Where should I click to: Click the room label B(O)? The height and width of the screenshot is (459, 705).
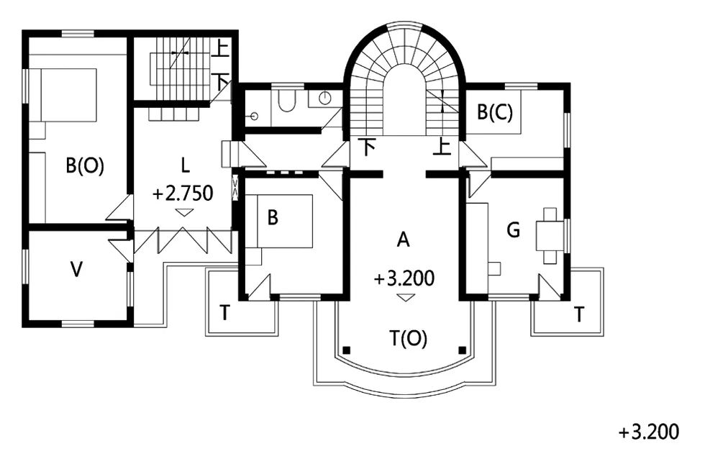point(85,166)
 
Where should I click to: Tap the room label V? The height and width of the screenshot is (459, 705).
point(77,270)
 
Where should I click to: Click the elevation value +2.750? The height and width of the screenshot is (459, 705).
point(183,194)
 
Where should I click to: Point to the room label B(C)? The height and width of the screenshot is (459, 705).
point(495,112)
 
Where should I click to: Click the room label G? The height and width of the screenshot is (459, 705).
point(513,230)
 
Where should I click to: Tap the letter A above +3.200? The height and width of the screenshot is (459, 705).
point(404,240)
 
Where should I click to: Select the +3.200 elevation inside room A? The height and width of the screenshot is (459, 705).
point(404,278)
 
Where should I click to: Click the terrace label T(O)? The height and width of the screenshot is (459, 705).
point(409,338)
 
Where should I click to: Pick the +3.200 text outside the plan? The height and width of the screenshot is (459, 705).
point(649,432)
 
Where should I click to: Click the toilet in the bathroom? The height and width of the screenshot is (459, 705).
point(286,100)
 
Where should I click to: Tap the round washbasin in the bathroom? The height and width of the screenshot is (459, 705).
point(325,97)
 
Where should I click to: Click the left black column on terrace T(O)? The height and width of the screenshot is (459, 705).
point(346,350)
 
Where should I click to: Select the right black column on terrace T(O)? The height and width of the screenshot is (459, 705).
point(462,350)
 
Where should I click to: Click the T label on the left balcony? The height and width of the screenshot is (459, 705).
point(224,313)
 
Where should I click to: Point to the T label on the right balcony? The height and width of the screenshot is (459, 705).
point(579,314)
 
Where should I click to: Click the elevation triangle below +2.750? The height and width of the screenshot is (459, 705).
point(183,212)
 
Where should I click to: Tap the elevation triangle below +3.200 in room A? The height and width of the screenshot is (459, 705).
point(406,297)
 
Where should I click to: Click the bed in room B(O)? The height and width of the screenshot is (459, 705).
point(68,95)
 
